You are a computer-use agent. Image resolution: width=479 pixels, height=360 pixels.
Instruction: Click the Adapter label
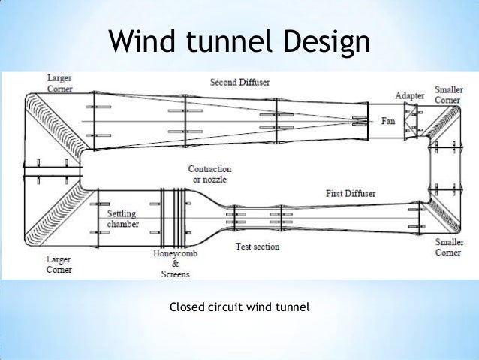(410, 96)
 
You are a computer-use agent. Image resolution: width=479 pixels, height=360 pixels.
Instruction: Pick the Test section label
(257, 247)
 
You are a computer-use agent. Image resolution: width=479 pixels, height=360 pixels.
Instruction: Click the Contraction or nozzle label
(209, 174)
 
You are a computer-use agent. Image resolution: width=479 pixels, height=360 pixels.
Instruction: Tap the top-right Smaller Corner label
(448, 94)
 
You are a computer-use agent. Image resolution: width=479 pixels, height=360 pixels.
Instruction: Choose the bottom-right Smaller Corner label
(448, 247)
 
